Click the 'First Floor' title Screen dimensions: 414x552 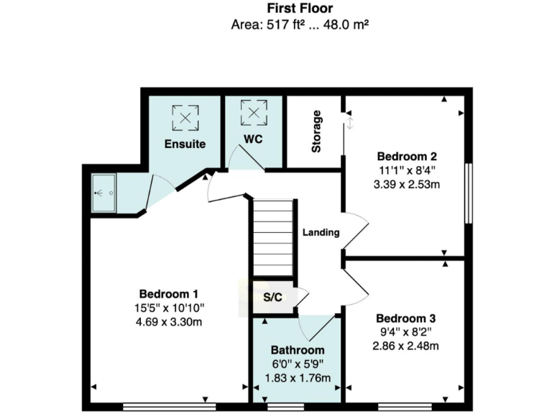click(300, 9)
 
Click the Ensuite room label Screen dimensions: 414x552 click(185, 144)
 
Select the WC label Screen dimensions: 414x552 click(252, 138)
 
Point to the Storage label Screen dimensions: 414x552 click(316, 132)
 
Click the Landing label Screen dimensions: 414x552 click(320, 232)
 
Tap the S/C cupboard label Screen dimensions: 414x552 click(272, 296)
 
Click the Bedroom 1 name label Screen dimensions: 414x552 click(168, 294)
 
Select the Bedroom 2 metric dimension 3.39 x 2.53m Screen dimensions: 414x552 click(407, 183)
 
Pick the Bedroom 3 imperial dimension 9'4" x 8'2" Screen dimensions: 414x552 click(407, 332)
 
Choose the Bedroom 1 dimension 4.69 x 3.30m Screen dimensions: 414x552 click(168, 322)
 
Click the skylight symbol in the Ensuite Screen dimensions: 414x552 click(186, 116)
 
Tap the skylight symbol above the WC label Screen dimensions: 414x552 click(252, 111)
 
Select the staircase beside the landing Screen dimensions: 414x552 click(273, 236)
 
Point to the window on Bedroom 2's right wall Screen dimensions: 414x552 click(468, 193)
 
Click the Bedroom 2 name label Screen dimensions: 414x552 click(407, 156)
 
